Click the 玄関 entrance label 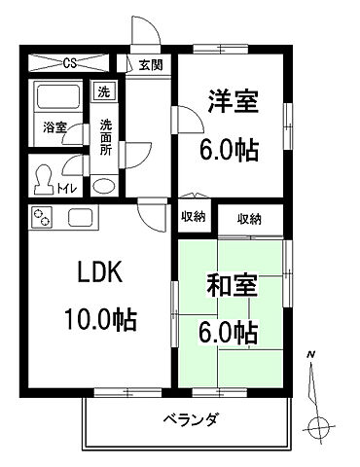pos(151,66)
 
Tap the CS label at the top pos(70,64)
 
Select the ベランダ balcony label pos(191,419)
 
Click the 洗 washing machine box pos(102,92)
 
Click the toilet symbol pos(44,180)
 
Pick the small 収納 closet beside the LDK pos(192,217)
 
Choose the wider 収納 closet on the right pos(249,219)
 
